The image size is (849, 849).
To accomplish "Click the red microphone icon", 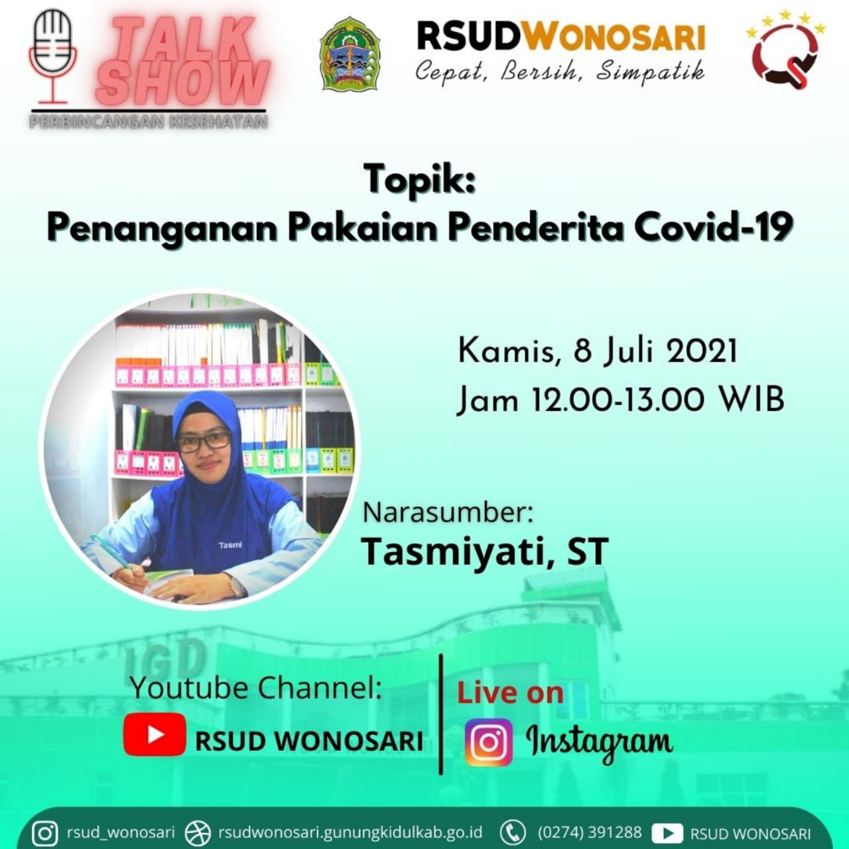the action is coord(52,57).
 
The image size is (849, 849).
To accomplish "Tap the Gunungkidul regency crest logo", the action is coord(350,54).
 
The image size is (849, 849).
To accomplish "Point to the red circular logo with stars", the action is coord(785,49).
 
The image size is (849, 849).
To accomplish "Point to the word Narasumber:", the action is coord(448,513).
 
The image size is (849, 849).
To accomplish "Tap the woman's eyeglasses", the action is coord(204,441).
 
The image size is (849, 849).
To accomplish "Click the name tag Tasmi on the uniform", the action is coord(230,545).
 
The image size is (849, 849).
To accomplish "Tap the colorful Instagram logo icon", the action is coord(489,742).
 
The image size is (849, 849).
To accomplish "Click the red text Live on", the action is coord(511,693).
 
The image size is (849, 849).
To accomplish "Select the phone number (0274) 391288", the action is coord(590,832).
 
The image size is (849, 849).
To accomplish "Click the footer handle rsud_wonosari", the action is coord(121,832).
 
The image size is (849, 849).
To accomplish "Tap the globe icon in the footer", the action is coord(198,832).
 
